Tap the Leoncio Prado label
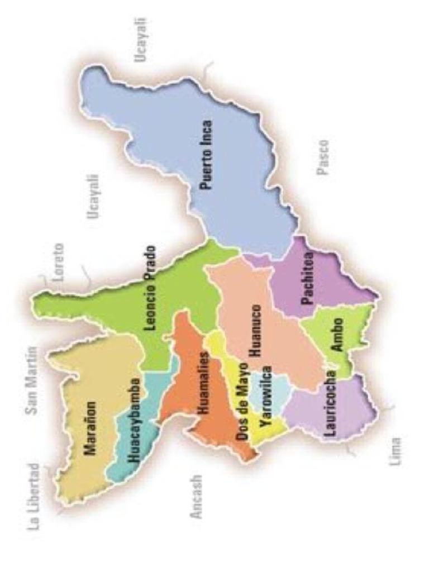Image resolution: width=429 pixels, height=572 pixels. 150,289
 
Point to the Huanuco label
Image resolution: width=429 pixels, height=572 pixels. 255,330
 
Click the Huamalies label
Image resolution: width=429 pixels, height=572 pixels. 203,383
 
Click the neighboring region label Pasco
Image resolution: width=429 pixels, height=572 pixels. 323,157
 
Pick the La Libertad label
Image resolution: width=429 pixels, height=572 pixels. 35,496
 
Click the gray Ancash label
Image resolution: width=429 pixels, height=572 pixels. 196,497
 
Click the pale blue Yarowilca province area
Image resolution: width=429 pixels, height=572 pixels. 275,391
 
